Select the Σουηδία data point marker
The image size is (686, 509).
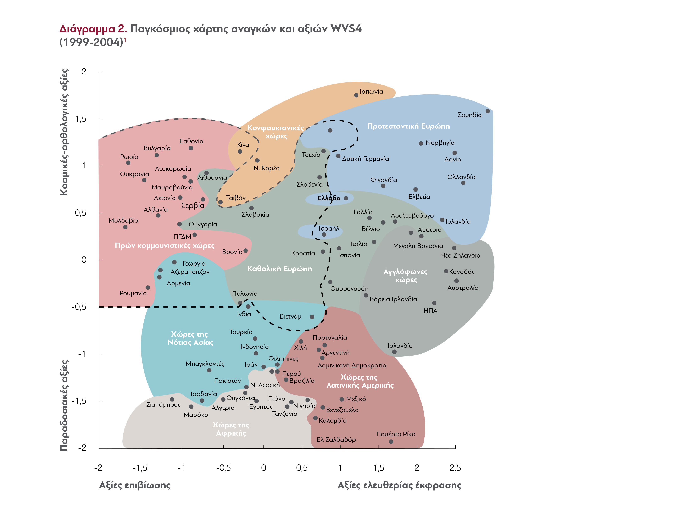point(488,111)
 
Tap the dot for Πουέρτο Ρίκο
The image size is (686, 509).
point(391,442)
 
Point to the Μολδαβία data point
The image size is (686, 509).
point(125,227)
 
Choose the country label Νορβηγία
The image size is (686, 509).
point(440,143)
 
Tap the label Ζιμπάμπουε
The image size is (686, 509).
point(163,405)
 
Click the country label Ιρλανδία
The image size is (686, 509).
point(400,345)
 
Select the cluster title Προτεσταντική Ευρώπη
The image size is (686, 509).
point(408,126)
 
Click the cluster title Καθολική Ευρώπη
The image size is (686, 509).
point(279,269)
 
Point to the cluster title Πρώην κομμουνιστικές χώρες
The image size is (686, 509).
point(164,245)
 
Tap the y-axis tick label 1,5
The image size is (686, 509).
point(81,119)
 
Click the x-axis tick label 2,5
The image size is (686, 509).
point(455,468)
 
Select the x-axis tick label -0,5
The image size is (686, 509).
point(223,468)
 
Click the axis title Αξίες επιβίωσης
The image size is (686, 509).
point(135,485)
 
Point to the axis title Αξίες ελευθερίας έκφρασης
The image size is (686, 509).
point(399,485)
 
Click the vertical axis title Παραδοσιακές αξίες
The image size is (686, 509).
point(64,405)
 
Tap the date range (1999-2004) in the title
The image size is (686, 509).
point(91,42)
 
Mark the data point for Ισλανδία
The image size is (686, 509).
point(442,220)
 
